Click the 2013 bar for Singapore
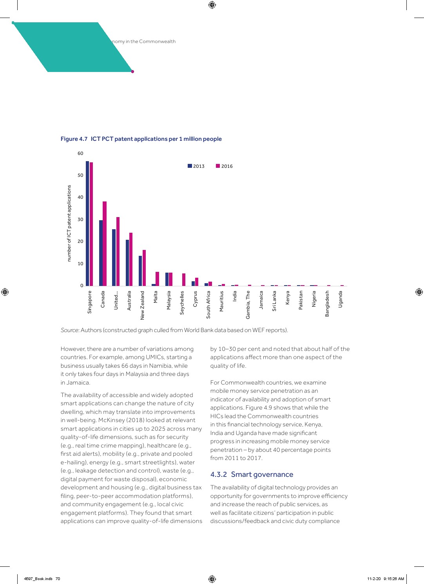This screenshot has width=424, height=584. click(87, 223)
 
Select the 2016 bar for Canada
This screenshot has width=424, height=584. click(105, 244)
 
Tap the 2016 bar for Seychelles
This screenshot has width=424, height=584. click(184, 280)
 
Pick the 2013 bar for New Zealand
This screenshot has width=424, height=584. click(140, 271)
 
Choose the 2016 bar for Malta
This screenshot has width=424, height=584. click(157, 279)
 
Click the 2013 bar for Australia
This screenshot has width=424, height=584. click(127, 263)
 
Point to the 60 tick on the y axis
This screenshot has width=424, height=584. click(80, 153)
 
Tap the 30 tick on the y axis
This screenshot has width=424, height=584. click(80, 219)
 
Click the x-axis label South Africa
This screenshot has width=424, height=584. click(208, 304)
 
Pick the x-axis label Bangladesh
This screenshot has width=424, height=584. click(327, 304)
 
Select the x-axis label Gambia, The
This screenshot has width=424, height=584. click(248, 304)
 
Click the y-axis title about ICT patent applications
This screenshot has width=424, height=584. click(69, 223)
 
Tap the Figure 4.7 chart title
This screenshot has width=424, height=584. click(141, 139)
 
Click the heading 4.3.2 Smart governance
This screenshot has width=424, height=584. click(252, 474)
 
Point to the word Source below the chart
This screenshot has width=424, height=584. click(69, 330)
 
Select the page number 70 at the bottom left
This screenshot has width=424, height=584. click(58, 579)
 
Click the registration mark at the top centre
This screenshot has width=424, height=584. click(212, 5)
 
